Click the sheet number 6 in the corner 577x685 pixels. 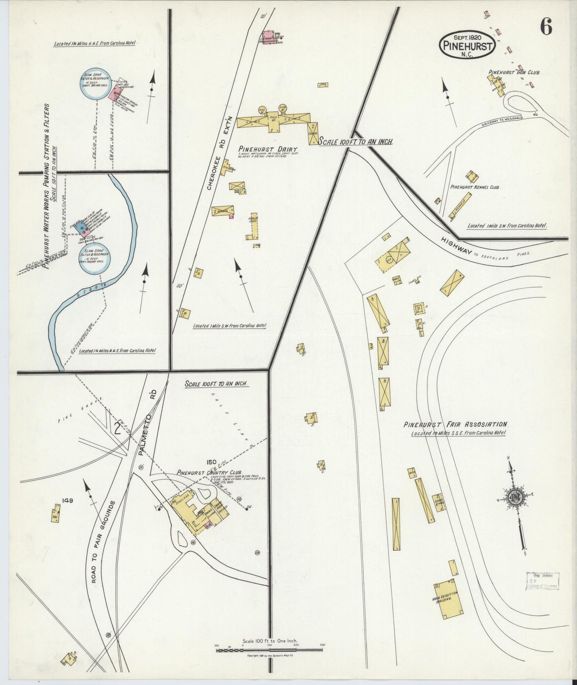click(x=546, y=27)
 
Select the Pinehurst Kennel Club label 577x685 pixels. click(x=475, y=187)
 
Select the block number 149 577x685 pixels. click(x=67, y=500)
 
